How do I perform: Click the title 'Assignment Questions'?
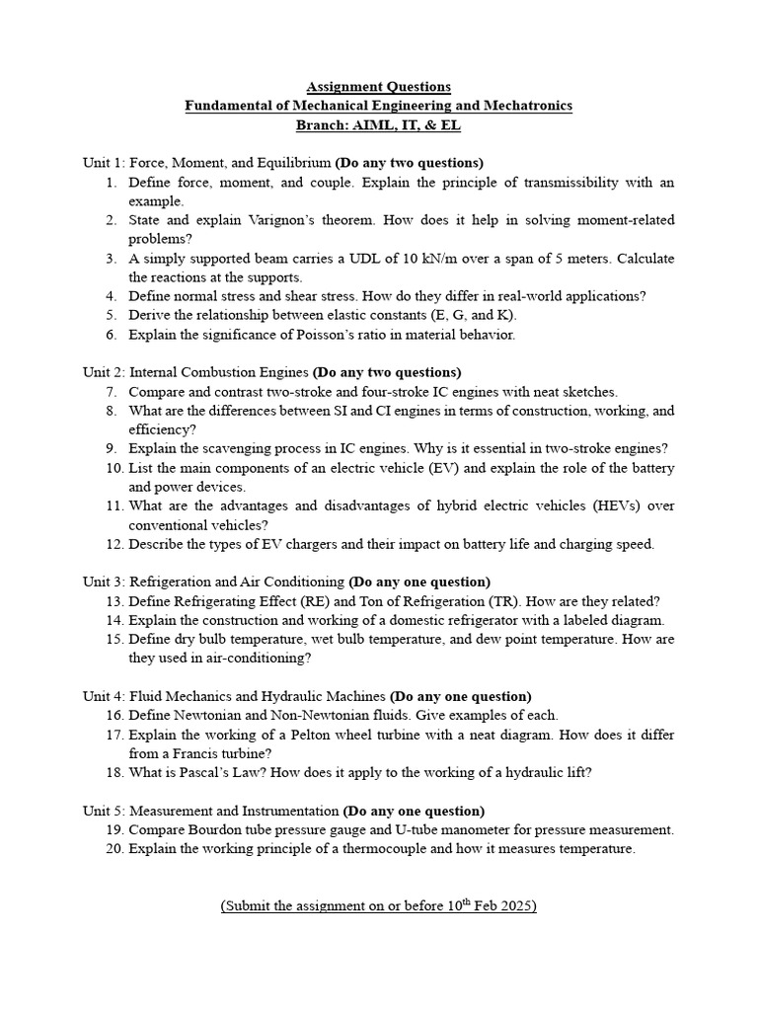tap(379, 87)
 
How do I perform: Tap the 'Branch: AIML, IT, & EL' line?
tap(379, 125)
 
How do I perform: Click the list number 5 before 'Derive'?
tap(113, 315)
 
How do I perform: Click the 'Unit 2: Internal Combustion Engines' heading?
tap(195, 372)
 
